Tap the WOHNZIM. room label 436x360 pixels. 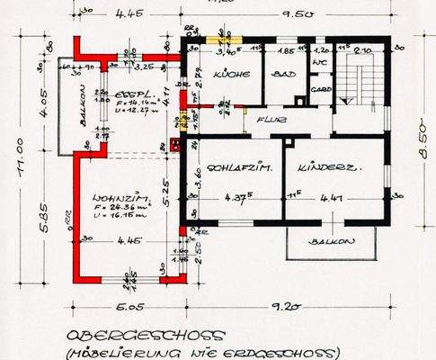click(113, 199)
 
